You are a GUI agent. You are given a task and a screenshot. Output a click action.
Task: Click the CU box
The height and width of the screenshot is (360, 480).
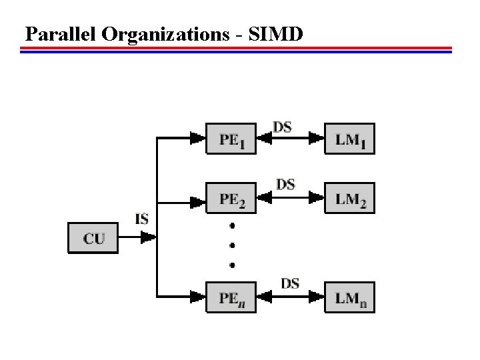[x=93, y=238]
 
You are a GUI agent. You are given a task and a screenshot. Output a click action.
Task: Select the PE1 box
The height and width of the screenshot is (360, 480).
[x=231, y=139]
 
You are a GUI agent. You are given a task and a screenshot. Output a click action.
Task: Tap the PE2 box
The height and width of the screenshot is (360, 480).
[x=231, y=198]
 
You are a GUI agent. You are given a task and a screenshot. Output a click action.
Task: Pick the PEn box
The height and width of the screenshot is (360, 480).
[x=231, y=297]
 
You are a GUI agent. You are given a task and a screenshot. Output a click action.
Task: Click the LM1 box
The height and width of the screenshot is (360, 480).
[x=349, y=139]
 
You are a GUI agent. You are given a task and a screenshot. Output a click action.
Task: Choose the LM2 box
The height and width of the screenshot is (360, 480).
[x=349, y=198]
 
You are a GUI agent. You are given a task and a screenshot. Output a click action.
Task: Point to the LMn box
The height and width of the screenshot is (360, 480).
[x=349, y=297]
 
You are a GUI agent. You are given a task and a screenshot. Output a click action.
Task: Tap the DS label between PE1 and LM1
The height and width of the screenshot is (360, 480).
[x=283, y=126]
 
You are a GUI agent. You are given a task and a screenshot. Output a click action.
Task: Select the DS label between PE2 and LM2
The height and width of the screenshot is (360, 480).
[x=285, y=185]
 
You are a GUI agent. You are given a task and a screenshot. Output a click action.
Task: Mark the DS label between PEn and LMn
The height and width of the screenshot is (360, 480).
[x=289, y=283]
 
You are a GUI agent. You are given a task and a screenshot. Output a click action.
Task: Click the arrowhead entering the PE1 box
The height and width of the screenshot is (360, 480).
[x=197, y=139]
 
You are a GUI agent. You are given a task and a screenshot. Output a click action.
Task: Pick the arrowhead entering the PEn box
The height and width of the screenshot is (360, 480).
[x=197, y=296]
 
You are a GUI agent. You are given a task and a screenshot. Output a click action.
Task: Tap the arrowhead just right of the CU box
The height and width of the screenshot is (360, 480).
[x=150, y=237]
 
